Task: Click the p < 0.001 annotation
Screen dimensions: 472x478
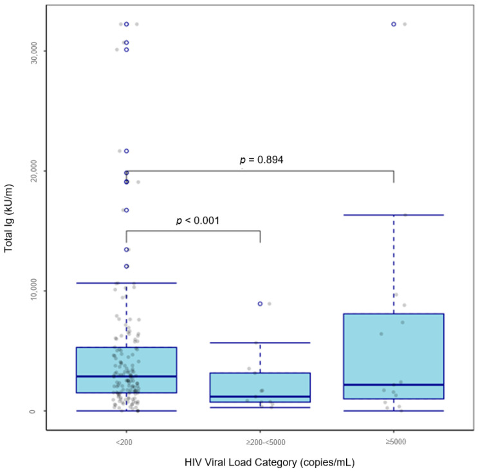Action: [x=198, y=221]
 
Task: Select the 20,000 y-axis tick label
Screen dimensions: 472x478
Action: [x=34, y=170]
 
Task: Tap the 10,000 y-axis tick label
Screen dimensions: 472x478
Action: [x=34, y=291]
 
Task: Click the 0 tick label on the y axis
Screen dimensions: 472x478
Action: [x=34, y=410]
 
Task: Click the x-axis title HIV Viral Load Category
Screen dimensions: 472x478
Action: [x=259, y=462]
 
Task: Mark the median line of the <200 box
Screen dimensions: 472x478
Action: [x=126, y=376]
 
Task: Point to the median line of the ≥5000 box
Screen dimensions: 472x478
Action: [x=393, y=385]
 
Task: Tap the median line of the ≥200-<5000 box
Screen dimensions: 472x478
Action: [x=260, y=396]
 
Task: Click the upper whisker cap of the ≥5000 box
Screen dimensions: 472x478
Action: [x=393, y=215]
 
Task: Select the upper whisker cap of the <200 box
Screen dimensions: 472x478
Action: [x=126, y=283]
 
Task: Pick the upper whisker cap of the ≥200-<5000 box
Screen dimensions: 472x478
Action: [x=260, y=343]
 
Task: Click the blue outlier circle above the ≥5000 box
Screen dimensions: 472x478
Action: [x=394, y=24]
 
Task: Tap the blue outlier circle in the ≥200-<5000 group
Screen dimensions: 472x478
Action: [x=260, y=304]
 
